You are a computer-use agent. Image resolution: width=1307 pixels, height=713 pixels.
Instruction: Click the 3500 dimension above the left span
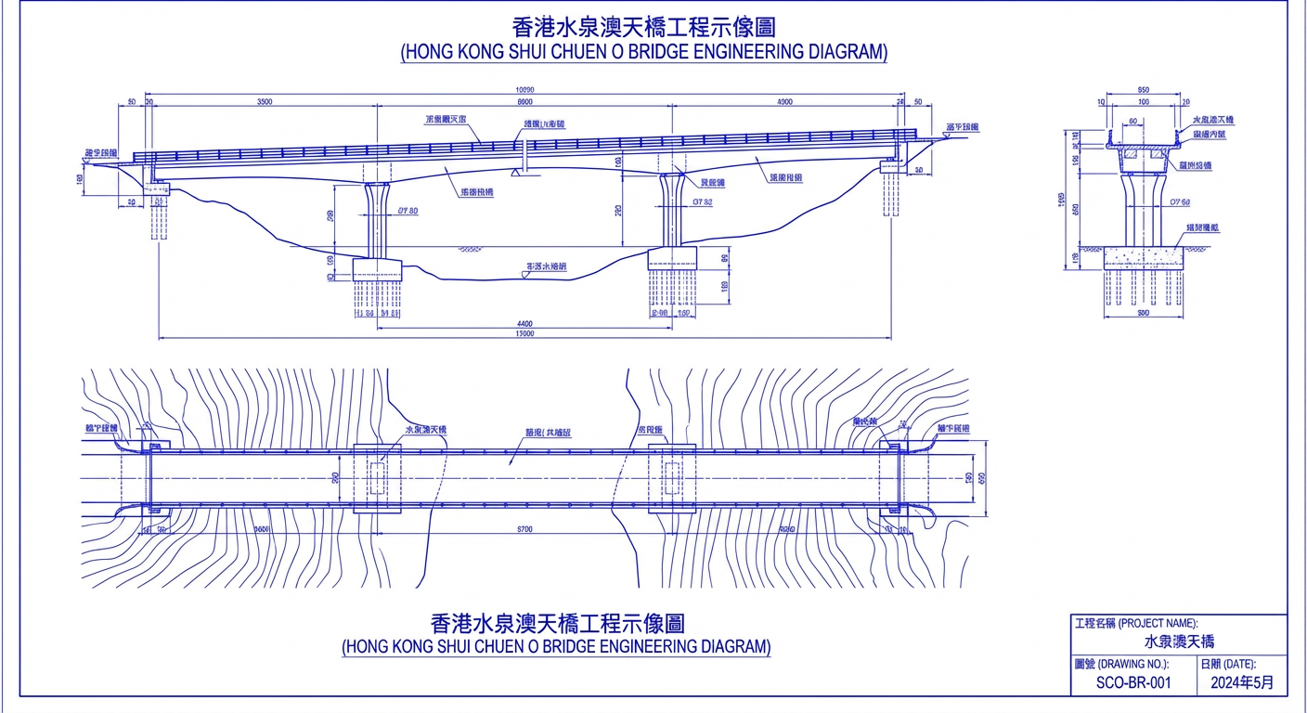point(264,102)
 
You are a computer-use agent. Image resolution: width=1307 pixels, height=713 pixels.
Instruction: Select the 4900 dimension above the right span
point(784,102)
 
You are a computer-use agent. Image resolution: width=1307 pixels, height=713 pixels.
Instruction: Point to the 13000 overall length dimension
point(524,333)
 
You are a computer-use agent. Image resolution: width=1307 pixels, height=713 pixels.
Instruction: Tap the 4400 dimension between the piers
point(524,324)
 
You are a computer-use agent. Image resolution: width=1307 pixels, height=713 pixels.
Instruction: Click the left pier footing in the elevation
point(377,270)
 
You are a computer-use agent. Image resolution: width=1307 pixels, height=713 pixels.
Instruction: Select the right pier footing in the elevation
point(671,257)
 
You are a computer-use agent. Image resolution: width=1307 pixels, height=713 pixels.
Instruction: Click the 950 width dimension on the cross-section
point(1143,90)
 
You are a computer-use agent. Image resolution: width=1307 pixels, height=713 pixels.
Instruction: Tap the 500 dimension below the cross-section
point(1143,314)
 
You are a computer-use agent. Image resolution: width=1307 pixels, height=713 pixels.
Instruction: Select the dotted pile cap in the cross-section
point(1143,257)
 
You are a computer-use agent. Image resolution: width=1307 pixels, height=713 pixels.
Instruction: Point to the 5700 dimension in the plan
point(524,529)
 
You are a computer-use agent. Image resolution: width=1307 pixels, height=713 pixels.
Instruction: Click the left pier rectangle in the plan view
point(377,479)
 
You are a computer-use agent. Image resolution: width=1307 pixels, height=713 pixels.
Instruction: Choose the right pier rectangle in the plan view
point(671,479)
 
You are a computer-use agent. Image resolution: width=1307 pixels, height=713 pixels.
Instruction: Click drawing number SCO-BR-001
point(1133,682)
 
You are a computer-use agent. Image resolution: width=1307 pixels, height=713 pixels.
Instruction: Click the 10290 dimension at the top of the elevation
point(524,90)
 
